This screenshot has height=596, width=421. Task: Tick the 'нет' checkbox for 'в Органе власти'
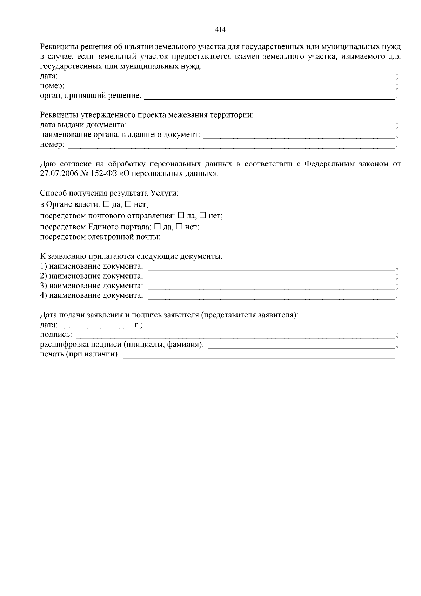pos(128,204)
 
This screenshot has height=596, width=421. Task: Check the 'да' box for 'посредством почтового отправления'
pos(181,215)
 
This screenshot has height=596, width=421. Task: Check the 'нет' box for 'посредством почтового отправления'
pos(203,215)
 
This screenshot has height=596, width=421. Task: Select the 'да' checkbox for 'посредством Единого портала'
pos(157,227)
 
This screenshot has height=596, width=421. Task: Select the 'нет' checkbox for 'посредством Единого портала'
pos(179,227)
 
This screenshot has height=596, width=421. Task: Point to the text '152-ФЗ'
pos(102,174)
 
